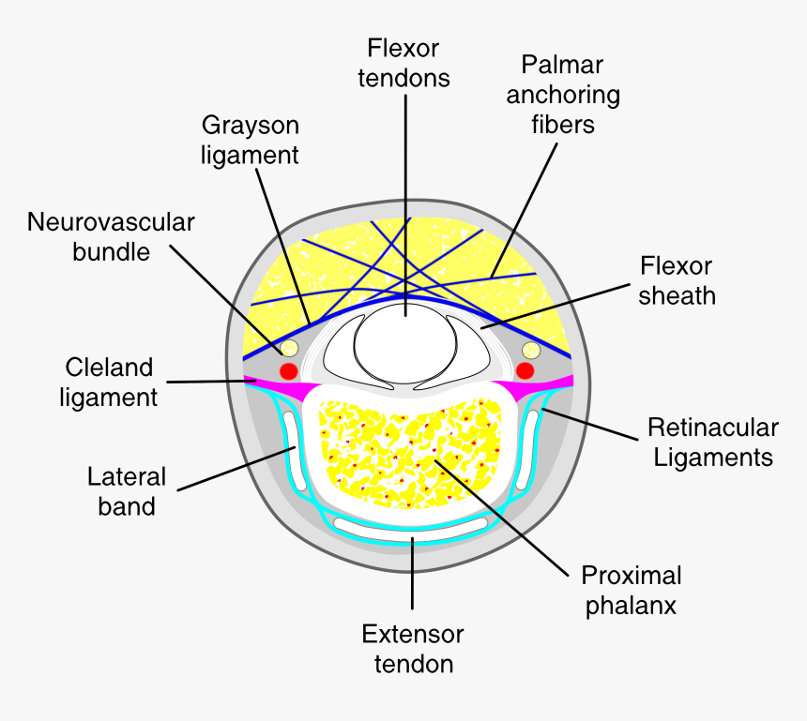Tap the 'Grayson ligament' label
[x=251, y=139]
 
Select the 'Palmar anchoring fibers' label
[x=562, y=94]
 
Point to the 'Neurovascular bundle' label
[x=111, y=236]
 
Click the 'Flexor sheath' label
[x=677, y=280]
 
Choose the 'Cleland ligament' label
[x=109, y=381]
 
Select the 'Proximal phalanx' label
[x=632, y=589]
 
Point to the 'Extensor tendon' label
[x=413, y=649]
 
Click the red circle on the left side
[x=288, y=370]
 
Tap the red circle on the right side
[x=525, y=370]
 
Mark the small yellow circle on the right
[x=530, y=351]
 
